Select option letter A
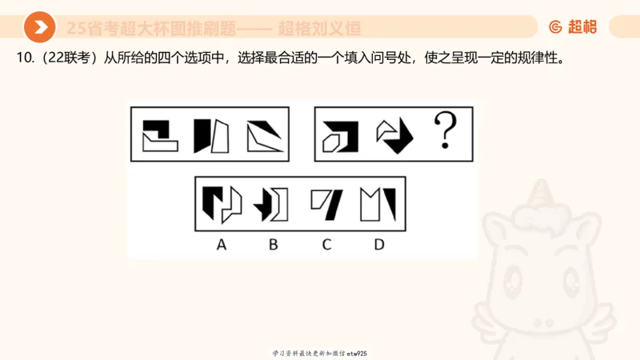[222, 244]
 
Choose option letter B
[273, 244]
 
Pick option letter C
[326, 244]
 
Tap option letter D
[378, 244]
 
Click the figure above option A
[222, 203]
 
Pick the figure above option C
[326, 203]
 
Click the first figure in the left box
[158, 135]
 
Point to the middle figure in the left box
[210, 135]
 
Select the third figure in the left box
[265, 135]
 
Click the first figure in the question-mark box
[340, 135]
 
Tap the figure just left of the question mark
[394, 135]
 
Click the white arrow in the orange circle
[39, 27]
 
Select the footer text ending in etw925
[319, 353]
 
